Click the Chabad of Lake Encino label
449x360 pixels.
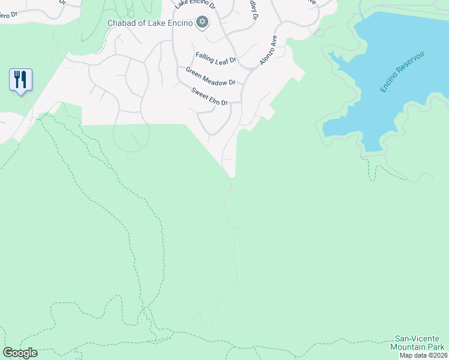pos(150,23)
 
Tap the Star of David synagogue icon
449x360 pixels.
pos(202,23)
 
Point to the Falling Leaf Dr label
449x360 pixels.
pos(217,59)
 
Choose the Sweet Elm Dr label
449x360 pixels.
pos(210,97)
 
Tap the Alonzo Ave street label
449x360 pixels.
pos(268,50)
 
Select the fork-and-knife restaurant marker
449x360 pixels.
pos(20,80)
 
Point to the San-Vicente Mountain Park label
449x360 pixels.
pos(419,343)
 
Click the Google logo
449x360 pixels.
pos(20,353)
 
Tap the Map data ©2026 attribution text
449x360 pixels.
pos(423,355)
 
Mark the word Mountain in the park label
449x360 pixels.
pos(408,347)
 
